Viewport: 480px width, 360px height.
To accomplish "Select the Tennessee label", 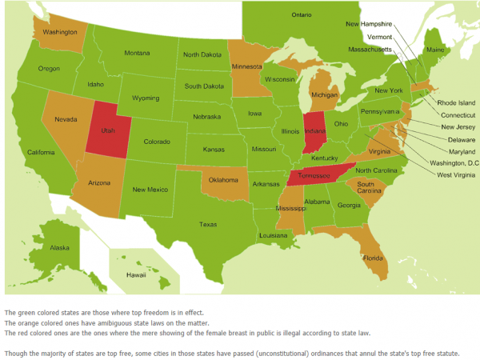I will [x=310, y=176].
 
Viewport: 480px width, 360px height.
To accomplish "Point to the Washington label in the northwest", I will [x=60, y=32].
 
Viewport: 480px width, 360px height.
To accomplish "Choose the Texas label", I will [x=208, y=224].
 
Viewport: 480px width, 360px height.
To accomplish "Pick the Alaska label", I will [x=60, y=248].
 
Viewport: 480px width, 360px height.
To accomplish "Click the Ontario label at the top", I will [x=302, y=15].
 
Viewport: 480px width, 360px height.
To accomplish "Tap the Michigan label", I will [x=325, y=94].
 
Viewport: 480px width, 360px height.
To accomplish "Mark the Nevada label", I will [x=66, y=118].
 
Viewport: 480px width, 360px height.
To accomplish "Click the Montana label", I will [x=137, y=53].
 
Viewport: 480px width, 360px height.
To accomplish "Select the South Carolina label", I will [x=369, y=188].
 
